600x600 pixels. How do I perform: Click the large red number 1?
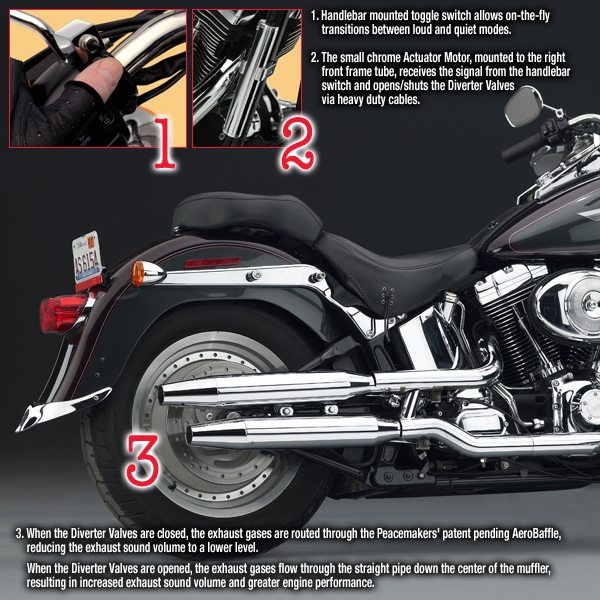coord(165,143)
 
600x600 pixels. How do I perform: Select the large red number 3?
coord(142,460)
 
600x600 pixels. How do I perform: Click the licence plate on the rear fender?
coord(87,257)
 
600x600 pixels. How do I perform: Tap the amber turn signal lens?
coord(137,273)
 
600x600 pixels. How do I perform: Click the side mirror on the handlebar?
coord(522,106)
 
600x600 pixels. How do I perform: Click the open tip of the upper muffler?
coord(161,395)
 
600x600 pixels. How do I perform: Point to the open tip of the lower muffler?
coord(190,437)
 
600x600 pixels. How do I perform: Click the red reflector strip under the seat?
coord(213,262)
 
